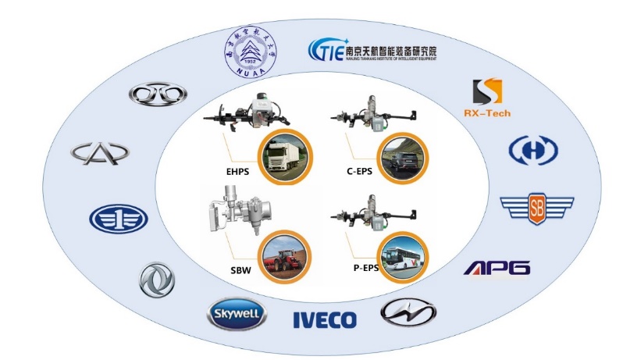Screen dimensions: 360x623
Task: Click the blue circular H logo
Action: point(533,151)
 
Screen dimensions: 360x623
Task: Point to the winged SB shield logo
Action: point(536,207)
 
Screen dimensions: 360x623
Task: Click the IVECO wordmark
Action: point(324,319)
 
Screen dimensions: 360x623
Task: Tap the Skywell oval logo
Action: point(237,315)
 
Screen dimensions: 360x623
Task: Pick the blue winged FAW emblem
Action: point(118,219)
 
